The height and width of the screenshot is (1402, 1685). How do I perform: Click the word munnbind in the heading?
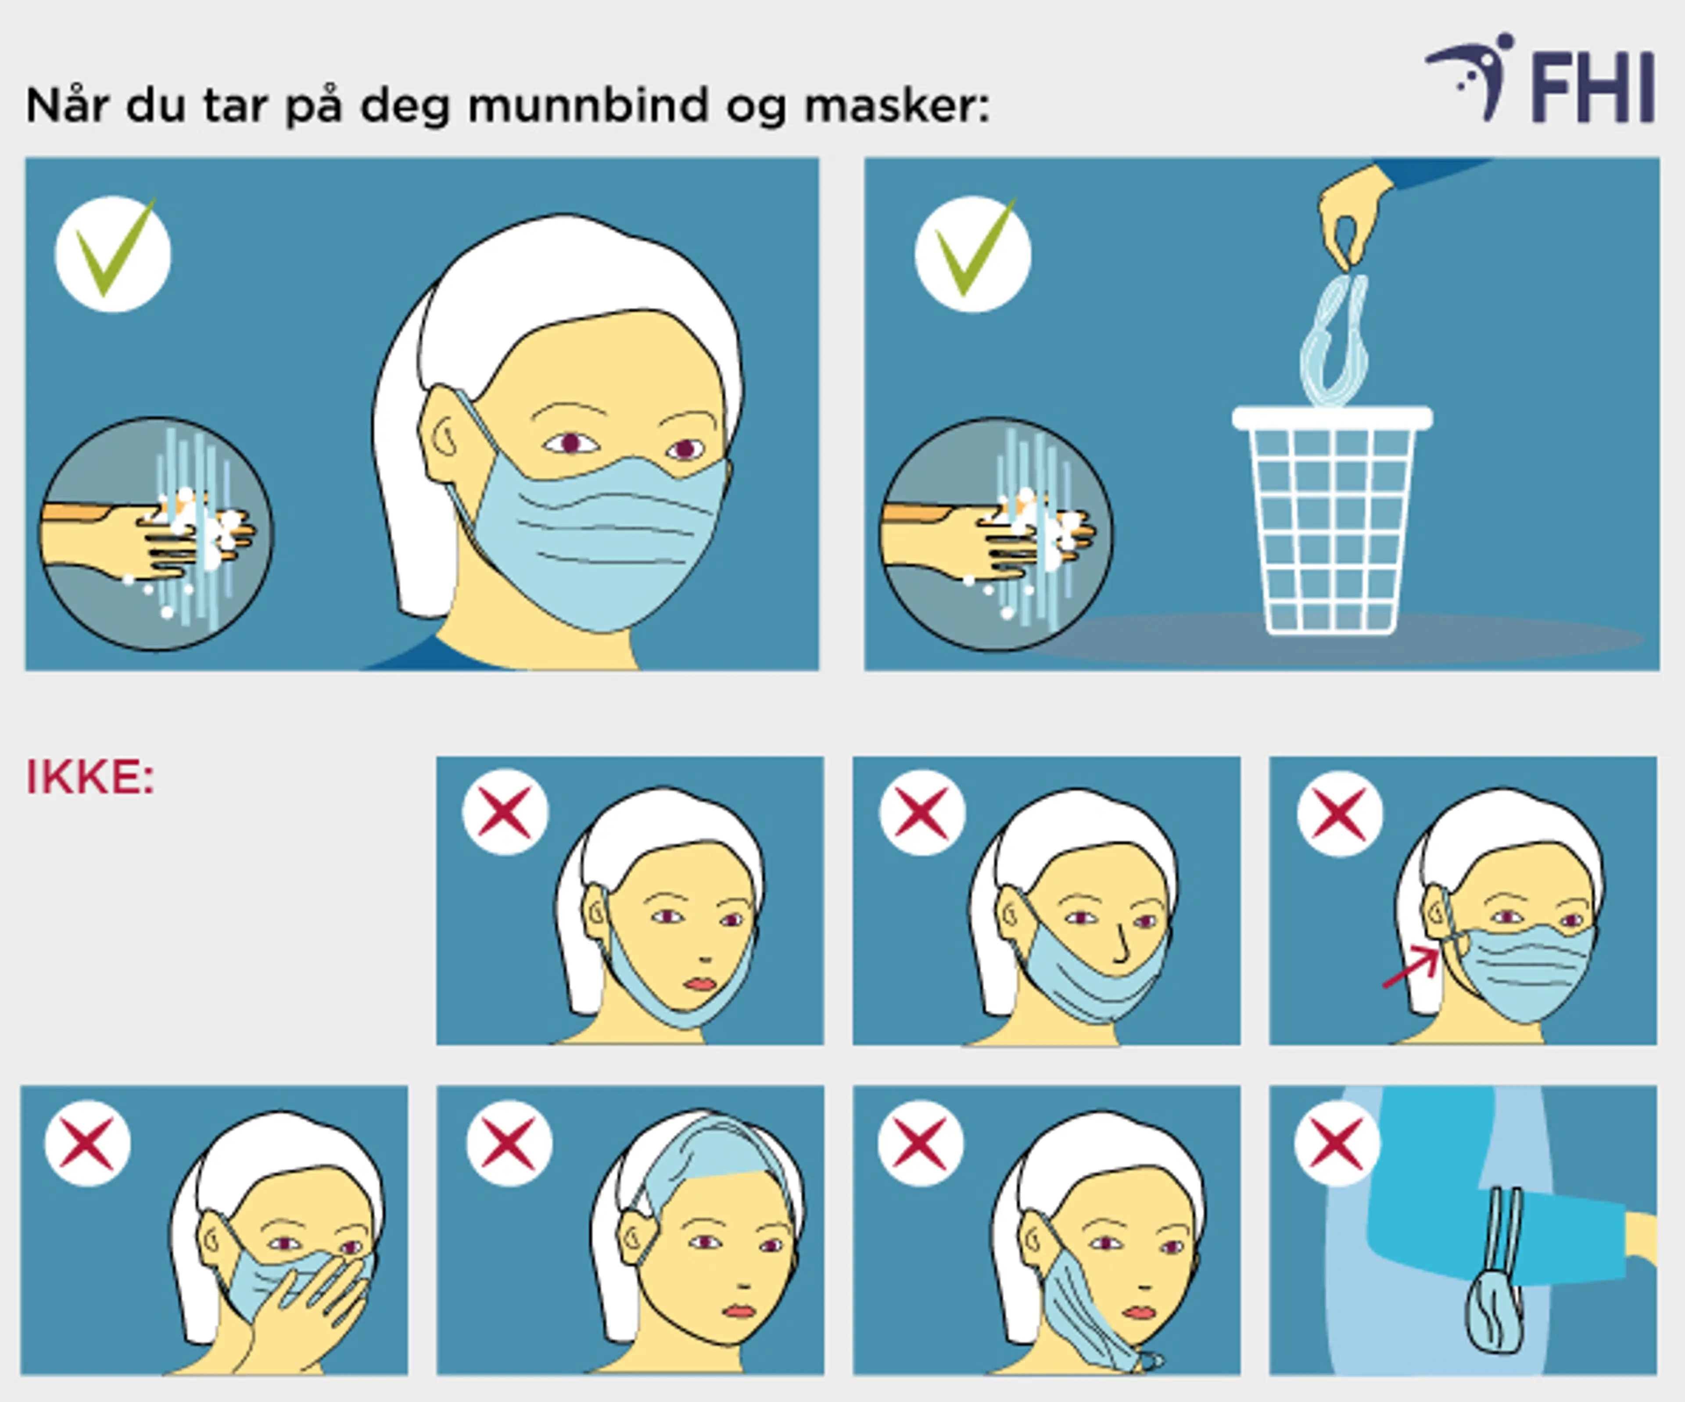[588, 105]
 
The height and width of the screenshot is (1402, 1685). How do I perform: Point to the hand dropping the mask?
[1352, 213]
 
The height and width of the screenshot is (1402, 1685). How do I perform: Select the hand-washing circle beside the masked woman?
[157, 534]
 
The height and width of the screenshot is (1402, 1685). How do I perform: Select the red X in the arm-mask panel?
[1337, 1144]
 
